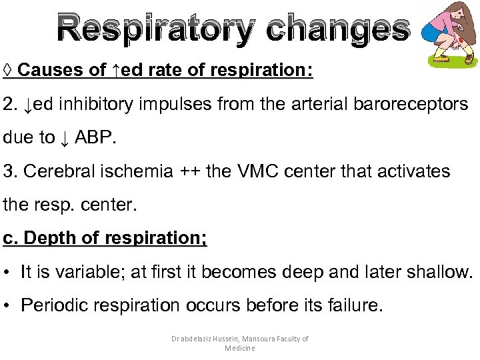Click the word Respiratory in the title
155,29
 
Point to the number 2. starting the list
10,104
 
